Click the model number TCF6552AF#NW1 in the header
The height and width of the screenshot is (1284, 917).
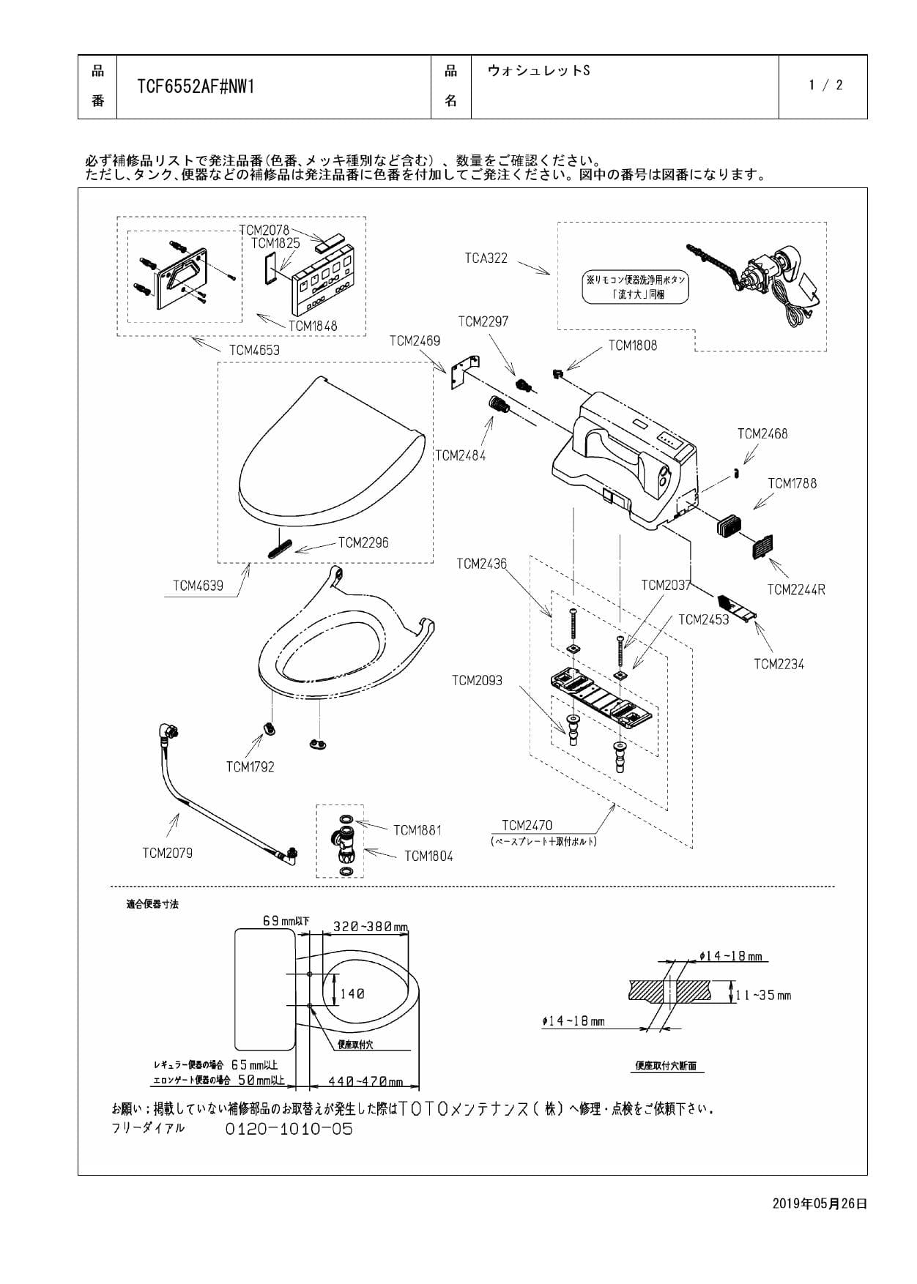click(x=196, y=87)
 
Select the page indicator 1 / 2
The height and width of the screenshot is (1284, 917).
click(x=825, y=85)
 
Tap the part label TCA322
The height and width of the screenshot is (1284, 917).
click(x=486, y=258)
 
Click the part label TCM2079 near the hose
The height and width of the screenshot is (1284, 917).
click(x=167, y=853)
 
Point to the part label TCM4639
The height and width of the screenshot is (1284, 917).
click(x=198, y=586)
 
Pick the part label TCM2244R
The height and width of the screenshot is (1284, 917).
click(x=795, y=589)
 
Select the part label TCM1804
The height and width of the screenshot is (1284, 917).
click(x=428, y=856)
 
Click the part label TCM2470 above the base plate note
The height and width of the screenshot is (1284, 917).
click(x=527, y=825)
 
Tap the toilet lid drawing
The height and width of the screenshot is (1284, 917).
click(x=330, y=450)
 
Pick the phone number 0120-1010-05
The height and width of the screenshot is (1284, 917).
click(x=289, y=1129)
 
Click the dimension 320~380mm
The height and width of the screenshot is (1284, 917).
click(x=370, y=927)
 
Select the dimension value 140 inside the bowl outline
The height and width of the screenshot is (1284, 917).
click(x=352, y=993)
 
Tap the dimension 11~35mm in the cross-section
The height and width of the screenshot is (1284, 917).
click(x=763, y=995)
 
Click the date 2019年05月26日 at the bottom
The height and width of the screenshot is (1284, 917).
click(x=820, y=1203)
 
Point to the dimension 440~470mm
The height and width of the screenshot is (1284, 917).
click(x=365, y=1081)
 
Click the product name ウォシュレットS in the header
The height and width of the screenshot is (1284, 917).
click(x=538, y=70)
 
